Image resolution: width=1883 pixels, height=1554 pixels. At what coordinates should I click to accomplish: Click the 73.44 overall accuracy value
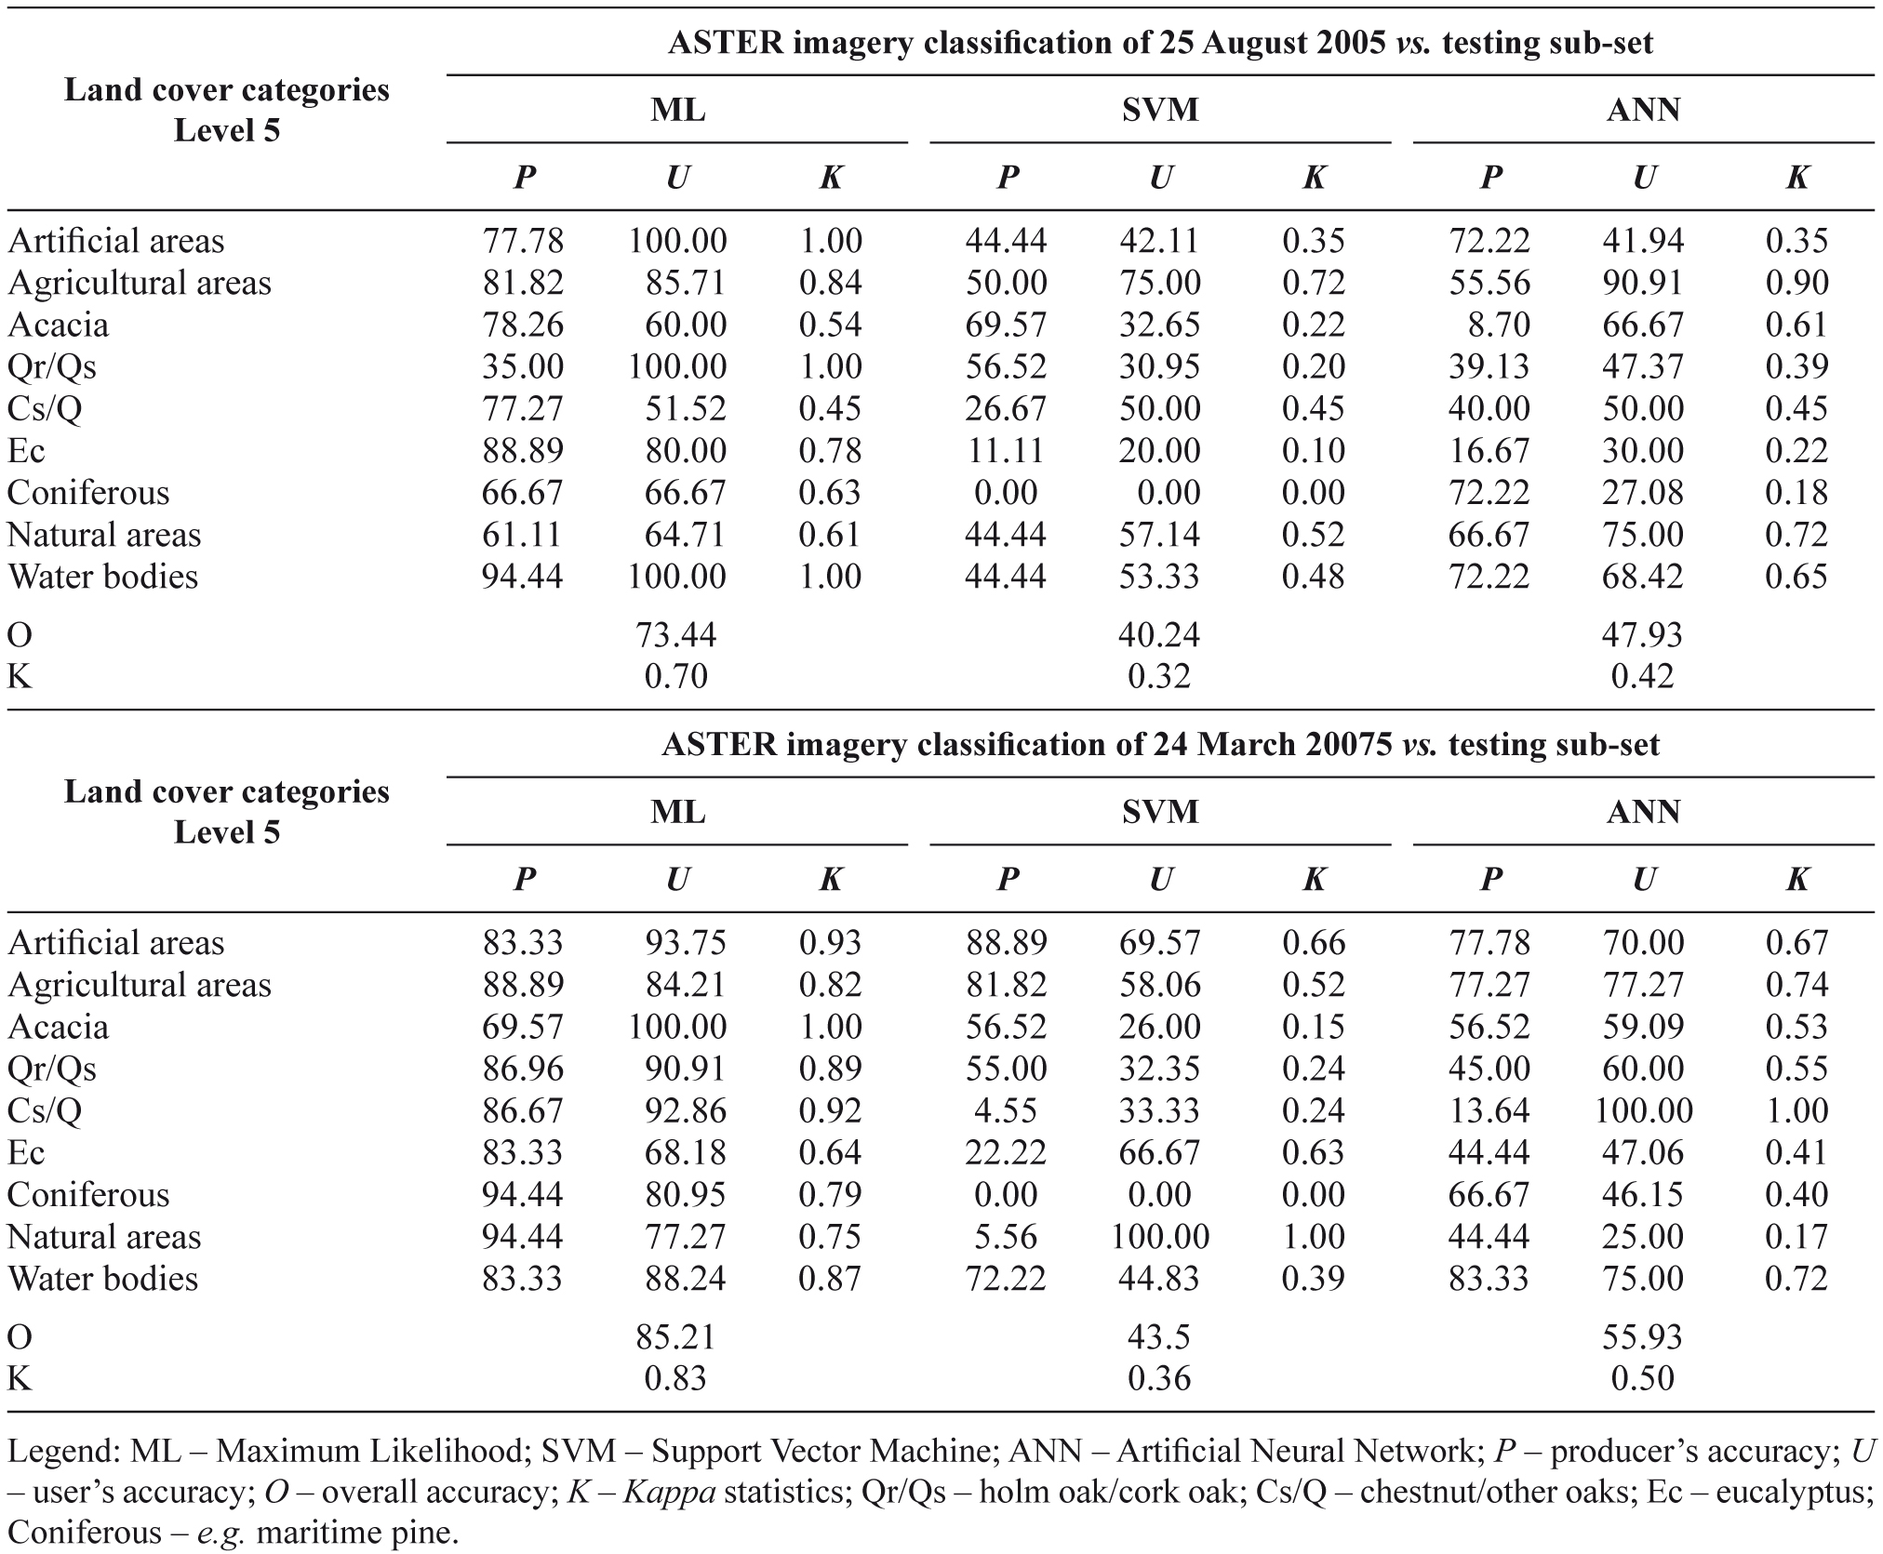click(676, 634)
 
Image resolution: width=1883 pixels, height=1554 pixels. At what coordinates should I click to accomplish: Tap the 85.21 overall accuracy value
click(676, 1336)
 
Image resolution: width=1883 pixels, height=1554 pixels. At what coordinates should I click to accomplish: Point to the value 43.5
click(1158, 1336)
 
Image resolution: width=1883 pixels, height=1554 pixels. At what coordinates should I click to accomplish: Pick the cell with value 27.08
click(1642, 492)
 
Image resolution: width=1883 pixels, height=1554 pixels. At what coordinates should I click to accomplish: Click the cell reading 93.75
click(686, 942)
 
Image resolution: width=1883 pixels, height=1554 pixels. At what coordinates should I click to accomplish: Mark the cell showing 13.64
click(1489, 1110)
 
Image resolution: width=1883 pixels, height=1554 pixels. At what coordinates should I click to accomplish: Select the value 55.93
click(1642, 1336)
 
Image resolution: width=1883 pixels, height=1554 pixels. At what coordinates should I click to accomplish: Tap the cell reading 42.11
click(1159, 240)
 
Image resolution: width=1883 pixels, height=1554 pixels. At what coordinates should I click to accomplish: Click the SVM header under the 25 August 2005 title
click(1160, 110)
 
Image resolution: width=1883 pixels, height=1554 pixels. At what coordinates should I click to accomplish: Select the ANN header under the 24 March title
click(1643, 812)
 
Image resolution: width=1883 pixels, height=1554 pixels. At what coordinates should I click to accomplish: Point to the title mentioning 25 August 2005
click(1160, 43)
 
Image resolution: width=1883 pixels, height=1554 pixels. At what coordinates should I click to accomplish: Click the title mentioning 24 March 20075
click(1160, 745)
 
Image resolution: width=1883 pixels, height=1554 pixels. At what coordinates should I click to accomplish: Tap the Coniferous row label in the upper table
click(88, 492)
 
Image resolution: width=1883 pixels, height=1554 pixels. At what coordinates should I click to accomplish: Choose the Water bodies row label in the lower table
click(102, 1278)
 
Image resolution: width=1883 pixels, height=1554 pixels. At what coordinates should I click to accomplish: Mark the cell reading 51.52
click(686, 408)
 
